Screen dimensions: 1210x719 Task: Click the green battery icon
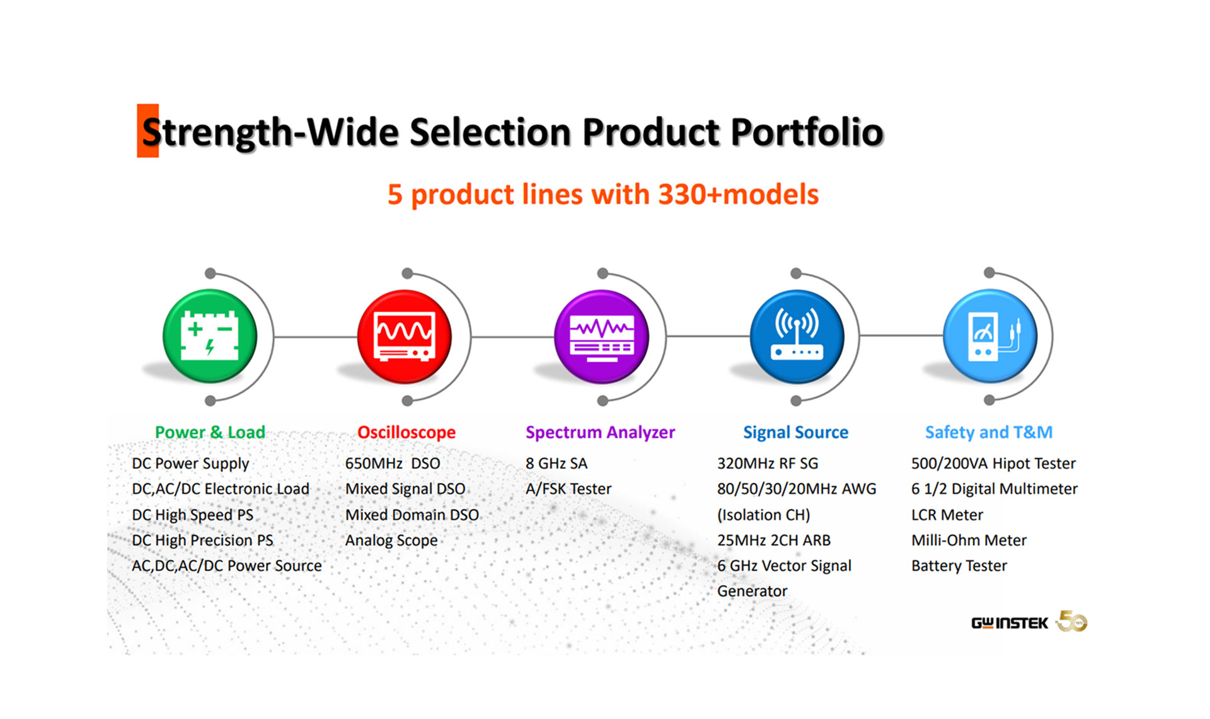pyautogui.click(x=210, y=336)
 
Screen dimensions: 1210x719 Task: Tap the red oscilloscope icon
pyautogui.click(x=405, y=336)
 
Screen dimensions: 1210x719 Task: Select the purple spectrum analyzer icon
pyautogui.click(x=601, y=336)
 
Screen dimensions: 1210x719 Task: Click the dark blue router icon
pyautogui.click(x=797, y=336)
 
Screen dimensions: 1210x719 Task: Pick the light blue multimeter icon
pyautogui.click(x=989, y=336)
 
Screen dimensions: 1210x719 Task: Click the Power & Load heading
pyautogui.click(x=210, y=432)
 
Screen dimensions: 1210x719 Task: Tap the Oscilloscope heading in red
pyautogui.click(x=406, y=432)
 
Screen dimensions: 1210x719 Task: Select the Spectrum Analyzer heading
pyautogui.click(x=600, y=432)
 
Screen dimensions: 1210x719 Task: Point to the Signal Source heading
pyautogui.click(x=795, y=432)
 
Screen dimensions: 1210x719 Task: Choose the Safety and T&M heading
pyautogui.click(x=989, y=432)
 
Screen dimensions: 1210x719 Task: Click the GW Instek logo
pyautogui.click(x=1009, y=623)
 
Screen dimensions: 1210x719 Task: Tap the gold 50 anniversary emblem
pyautogui.click(x=1072, y=621)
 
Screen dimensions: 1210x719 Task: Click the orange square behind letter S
pyautogui.click(x=147, y=130)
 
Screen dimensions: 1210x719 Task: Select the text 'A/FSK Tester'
pyautogui.click(x=568, y=489)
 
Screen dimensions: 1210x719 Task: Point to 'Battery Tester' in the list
pyautogui.click(x=959, y=566)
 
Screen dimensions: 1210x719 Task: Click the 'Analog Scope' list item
pyautogui.click(x=391, y=541)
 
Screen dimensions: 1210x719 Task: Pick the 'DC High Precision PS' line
pyautogui.click(x=202, y=541)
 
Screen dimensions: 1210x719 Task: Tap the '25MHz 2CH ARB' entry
pyautogui.click(x=773, y=541)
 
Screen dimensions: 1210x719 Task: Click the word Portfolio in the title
pyautogui.click(x=807, y=132)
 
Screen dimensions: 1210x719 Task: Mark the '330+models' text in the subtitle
pyautogui.click(x=738, y=194)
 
